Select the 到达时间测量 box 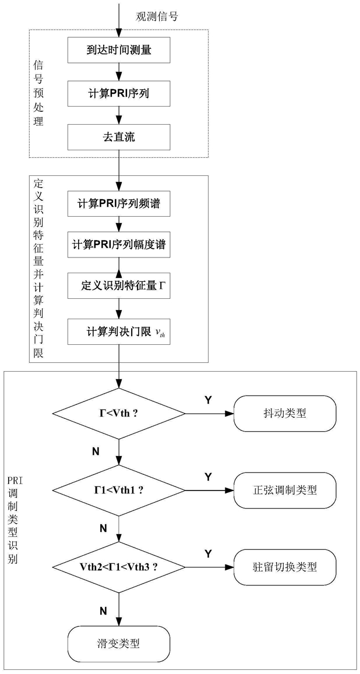[x=119, y=51]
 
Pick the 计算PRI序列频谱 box [x=119, y=203]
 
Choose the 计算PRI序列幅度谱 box [x=119, y=245]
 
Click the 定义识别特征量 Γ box [x=119, y=287]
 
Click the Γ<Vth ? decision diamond [x=119, y=414]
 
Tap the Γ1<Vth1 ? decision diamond [x=119, y=490]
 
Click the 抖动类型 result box [x=285, y=414]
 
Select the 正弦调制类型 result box [x=285, y=490]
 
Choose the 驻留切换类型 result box [x=285, y=566]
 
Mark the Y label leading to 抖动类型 [x=208, y=400]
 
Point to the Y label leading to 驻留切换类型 [x=208, y=552]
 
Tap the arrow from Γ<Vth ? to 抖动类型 [x=210, y=414]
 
